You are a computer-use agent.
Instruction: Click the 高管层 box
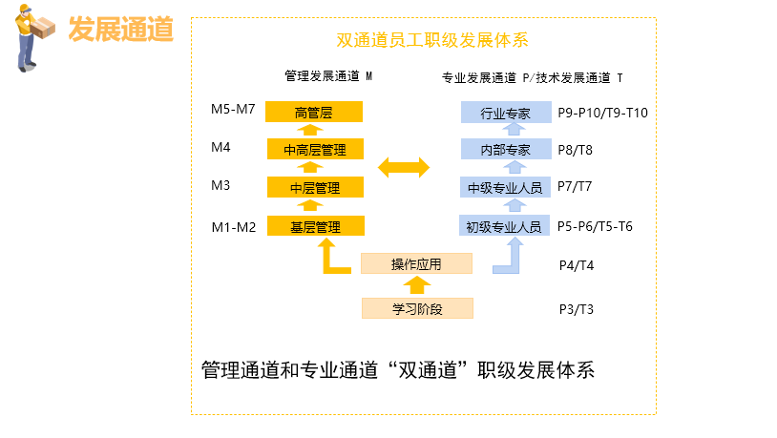[x=314, y=113]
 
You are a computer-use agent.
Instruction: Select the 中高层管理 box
[x=314, y=150]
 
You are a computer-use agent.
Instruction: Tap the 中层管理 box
[x=314, y=188]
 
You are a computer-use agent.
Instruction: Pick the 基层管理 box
[x=314, y=226]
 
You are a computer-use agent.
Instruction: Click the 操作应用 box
[x=416, y=263]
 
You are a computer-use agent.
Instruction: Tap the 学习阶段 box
[x=416, y=308]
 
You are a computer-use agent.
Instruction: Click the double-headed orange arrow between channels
[x=404, y=168]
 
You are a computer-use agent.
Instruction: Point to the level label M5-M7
[x=233, y=109]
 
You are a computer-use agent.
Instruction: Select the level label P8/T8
[x=575, y=150]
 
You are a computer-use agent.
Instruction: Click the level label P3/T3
[x=576, y=309]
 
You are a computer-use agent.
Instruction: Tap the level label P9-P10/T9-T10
[x=602, y=113]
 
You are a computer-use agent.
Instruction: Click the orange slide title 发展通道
[x=120, y=30]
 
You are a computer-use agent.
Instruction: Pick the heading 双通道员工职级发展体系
[x=432, y=40]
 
